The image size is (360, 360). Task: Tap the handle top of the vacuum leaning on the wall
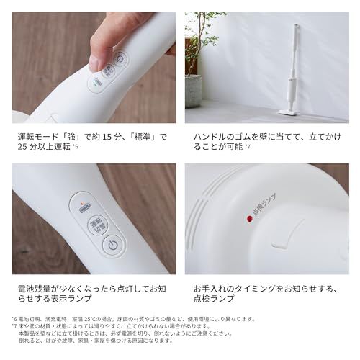point(295,28)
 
